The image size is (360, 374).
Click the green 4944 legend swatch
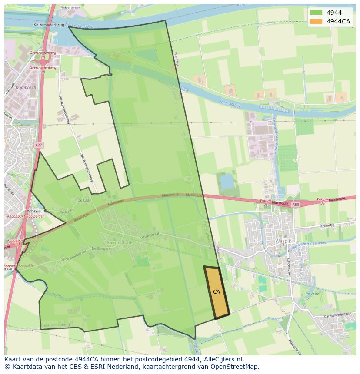click(316, 13)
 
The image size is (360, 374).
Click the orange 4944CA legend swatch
click(316, 21)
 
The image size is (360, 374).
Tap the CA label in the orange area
click(217, 292)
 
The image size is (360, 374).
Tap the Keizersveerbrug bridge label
click(49, 25)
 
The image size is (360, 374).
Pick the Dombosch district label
click(26, 87)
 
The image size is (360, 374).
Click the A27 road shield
click(39, 145)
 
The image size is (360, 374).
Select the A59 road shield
click(296, 204)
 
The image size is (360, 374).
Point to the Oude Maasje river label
click(230, 103)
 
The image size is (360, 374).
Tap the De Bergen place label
click(99, 248)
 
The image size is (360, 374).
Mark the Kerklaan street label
click(66, 211)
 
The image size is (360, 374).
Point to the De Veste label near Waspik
click(312, 294)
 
